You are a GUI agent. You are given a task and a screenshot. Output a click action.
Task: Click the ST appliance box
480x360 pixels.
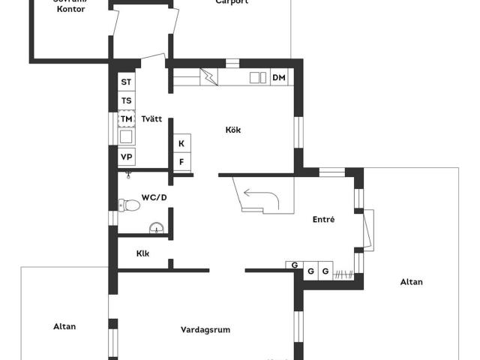click(126, 82)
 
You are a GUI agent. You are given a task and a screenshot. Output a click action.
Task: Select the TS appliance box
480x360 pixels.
click(126, 100)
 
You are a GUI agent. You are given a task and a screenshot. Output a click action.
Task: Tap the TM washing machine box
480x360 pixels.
click(126, 118)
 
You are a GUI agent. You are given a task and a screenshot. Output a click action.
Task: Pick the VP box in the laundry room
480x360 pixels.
click(126, 157)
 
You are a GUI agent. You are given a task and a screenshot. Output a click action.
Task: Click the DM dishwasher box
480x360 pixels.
click(279, 77)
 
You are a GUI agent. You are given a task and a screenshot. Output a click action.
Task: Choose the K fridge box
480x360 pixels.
click(181, 143)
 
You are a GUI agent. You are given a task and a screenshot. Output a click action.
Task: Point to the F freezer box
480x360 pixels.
click(181, 161)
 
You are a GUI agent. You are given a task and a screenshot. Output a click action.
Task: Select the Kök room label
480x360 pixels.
click(233, 130)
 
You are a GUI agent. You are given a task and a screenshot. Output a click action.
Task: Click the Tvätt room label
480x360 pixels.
click(152, 118)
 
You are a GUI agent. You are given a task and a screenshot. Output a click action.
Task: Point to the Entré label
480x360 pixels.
click(323, 219)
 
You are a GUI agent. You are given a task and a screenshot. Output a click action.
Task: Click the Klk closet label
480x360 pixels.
click(142, 253)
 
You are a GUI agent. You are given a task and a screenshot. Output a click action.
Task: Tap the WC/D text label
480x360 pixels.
click(154, 198)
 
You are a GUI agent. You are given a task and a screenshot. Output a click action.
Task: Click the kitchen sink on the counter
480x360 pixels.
click(257, 77)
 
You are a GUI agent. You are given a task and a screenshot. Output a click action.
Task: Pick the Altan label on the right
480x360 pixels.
click(411, 282)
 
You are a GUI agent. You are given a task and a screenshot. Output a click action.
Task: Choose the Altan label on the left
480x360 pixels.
click(64, 326)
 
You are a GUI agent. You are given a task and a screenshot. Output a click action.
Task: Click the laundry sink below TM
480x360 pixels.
click(126, 136)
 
